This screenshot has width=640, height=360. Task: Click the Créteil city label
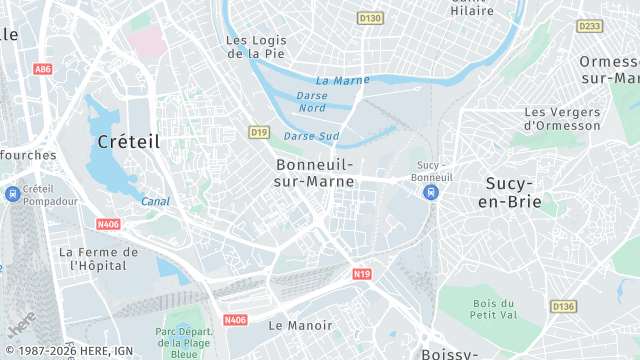pyautogui.click(x=128, y=142)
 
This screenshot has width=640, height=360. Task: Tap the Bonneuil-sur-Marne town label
pyautogui.click(x=314, y=172)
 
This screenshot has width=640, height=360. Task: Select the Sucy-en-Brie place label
pyautogui.click(x=512, y=192)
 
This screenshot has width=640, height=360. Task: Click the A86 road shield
pyautogui.click(x=42, y=69)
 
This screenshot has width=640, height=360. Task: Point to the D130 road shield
pyautogui.click(x=370, y=18)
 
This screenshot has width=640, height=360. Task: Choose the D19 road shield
pyautogui.click(x=259, y=132)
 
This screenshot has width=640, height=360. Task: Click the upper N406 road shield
pyautogui.click(x=108, y=225)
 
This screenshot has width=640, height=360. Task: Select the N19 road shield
pyautogui.click(x=362, y=273)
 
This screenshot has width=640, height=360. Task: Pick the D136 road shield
pyautogui.click(x=563, y=306)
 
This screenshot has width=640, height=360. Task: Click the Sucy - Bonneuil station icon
pyautogui.click(x=431, y=192)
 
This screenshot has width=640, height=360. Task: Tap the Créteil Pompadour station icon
pyautogui.click(x=10, y=195)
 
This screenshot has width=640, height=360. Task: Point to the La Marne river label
pyautogui.click(x=342, y=80)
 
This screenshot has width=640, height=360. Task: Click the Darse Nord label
pyautogui.click(x=312, y=101)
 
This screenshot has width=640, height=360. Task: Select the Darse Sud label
pyautogui.click(x=311, y=136)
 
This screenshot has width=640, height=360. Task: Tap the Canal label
pyautogui.click(x=155, y=201)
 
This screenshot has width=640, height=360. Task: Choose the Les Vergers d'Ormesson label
pyautogui.click(x=562, y=119)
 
